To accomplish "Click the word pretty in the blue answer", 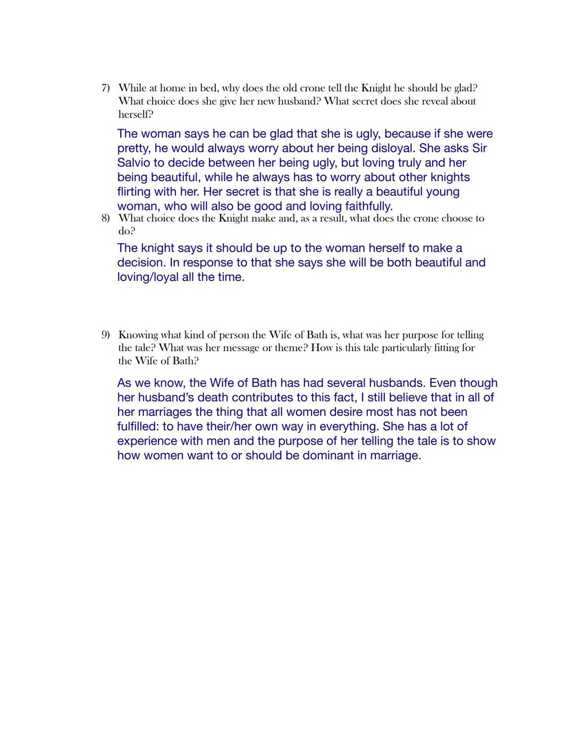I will (134, 149).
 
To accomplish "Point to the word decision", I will (141, 262).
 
